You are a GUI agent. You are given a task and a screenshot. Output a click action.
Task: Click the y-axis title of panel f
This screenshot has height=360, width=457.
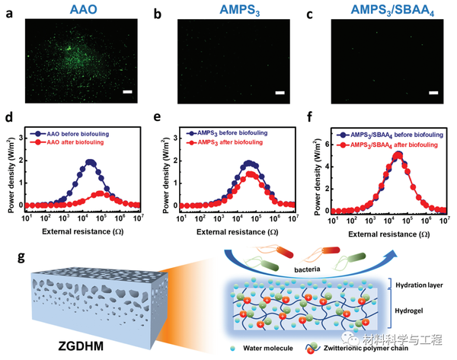pos(309,169)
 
